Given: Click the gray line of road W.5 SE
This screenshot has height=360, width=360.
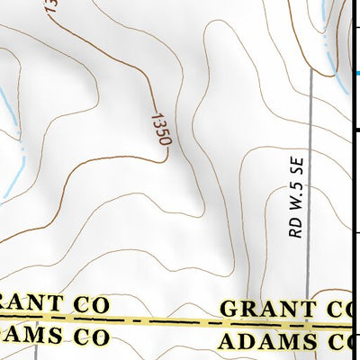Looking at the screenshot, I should point(309,135).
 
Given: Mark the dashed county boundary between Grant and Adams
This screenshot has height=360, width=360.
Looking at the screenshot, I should point(171,321).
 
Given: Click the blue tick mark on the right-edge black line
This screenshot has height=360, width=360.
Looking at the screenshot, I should point(355,73).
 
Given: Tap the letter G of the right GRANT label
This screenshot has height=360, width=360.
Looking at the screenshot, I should point(229,309).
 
